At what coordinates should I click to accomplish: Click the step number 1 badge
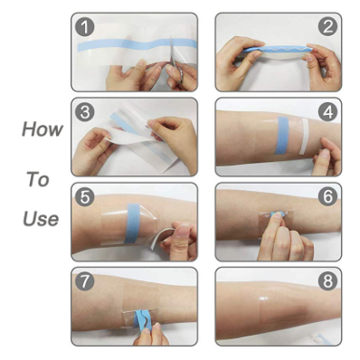click(x=85, y=27)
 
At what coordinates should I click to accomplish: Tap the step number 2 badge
click(x=327, y=27)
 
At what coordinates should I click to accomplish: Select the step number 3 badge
click(x=85, y=112)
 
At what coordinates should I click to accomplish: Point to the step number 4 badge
click(x=327, y=112)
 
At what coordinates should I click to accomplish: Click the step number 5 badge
click(x=85, y=197)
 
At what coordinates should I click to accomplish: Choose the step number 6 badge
click(x=327, y=196)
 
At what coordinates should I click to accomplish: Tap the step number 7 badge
click(x=85, y=281)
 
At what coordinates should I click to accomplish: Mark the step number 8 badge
click(x=327, y=281)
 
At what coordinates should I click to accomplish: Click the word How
click(x=43, y=129)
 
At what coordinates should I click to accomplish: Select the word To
click(x=38, y=179)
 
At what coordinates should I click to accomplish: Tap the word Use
click(x=41, y=219)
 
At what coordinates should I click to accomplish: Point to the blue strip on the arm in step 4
click(x=283, y=135)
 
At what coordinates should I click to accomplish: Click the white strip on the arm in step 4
click(x=305, y=137)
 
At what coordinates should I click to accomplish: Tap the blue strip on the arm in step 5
click(x=132, y=223)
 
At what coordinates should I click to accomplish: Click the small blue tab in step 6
click(x=277, y=214)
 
